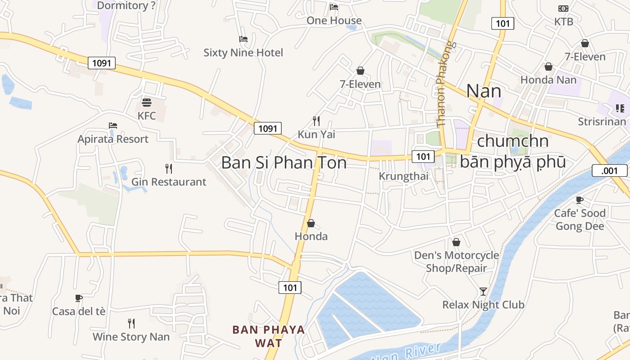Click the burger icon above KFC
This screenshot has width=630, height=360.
click(x=147, y=103)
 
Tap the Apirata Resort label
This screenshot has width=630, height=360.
click(x=113, y=139)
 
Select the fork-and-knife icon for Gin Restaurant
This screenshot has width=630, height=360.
click(x=169, y=169)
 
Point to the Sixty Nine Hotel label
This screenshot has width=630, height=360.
click(x=243, y=53)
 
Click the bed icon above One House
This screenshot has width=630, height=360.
click(x=334, y=7)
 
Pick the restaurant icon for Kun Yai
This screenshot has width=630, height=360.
click(x=316, y=121)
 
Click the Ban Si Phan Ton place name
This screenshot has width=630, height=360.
click(x=284, y=162)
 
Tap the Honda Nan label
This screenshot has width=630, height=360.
click(x=548, y=80)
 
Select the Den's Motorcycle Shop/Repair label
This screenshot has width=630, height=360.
click(x=456, y=262)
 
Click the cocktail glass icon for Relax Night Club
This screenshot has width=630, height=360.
click(x=483, y=292)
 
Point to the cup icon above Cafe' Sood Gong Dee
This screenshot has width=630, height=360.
click(x=580, y=200)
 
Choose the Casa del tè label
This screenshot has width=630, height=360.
click(x=79, y=311)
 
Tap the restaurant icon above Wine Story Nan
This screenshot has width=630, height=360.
click(x=131, y=324)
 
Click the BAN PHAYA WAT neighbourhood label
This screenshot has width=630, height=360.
click(x=269, y=336)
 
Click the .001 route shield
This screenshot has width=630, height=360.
click(x=609, y=171)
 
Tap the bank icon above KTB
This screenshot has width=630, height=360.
click(x=563, y=9)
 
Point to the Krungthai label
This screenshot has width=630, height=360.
click(x=404, y=176)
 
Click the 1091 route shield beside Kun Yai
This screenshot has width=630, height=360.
click(x=268, y=128)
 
